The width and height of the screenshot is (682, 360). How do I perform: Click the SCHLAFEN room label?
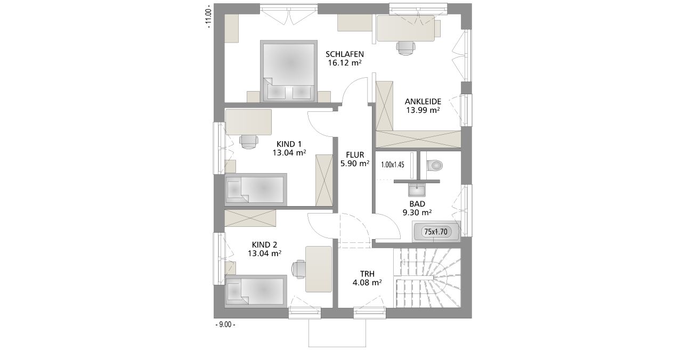point(345,54)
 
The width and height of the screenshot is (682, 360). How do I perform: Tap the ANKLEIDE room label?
point(423,101)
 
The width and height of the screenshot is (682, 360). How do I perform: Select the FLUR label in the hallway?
point(355,155)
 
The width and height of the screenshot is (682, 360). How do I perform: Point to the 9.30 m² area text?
point(417,212)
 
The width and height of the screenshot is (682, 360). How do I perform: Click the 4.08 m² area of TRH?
point(367,282)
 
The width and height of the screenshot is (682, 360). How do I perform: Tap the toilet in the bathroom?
point(434,166)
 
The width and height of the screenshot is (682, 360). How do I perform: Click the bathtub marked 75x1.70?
point(436,232)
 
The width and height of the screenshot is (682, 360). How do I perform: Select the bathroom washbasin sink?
point(417,190)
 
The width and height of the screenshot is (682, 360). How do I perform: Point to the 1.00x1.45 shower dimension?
point(393,165)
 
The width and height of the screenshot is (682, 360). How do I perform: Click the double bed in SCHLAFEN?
point(289,71)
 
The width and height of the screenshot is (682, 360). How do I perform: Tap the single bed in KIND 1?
point(256,190)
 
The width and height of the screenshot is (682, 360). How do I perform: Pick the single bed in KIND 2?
point(256,291)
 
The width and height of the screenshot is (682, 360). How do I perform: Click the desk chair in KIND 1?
point(249,142)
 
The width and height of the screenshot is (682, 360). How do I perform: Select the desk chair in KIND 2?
point(298,269)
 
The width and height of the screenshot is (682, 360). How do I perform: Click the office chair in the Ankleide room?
point(406,48)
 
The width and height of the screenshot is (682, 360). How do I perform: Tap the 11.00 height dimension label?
point(208,17)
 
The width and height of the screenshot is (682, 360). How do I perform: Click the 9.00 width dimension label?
point(225,325)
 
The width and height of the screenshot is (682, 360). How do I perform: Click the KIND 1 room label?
point(289,144)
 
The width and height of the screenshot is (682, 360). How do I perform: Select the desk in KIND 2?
point(319,269)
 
